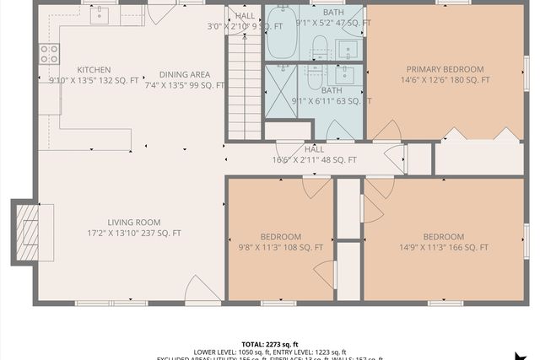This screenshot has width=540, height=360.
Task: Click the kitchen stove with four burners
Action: point(49,54)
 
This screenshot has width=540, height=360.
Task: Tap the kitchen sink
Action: point(100,15)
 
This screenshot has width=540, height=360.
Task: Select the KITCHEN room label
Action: point(94,70)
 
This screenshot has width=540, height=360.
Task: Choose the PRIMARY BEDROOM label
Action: point(445,69)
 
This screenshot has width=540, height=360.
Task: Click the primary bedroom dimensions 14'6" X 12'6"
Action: point(445,80)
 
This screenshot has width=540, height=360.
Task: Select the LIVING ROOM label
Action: point(133,222)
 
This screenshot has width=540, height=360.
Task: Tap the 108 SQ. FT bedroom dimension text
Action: point(280,248)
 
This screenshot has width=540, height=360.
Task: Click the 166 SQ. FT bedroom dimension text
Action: point(443,248)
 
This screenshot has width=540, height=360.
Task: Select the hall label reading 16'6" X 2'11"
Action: point(314,159)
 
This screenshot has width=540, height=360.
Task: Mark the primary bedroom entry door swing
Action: point(387,131)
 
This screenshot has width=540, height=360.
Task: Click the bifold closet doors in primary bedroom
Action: point(481,135)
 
